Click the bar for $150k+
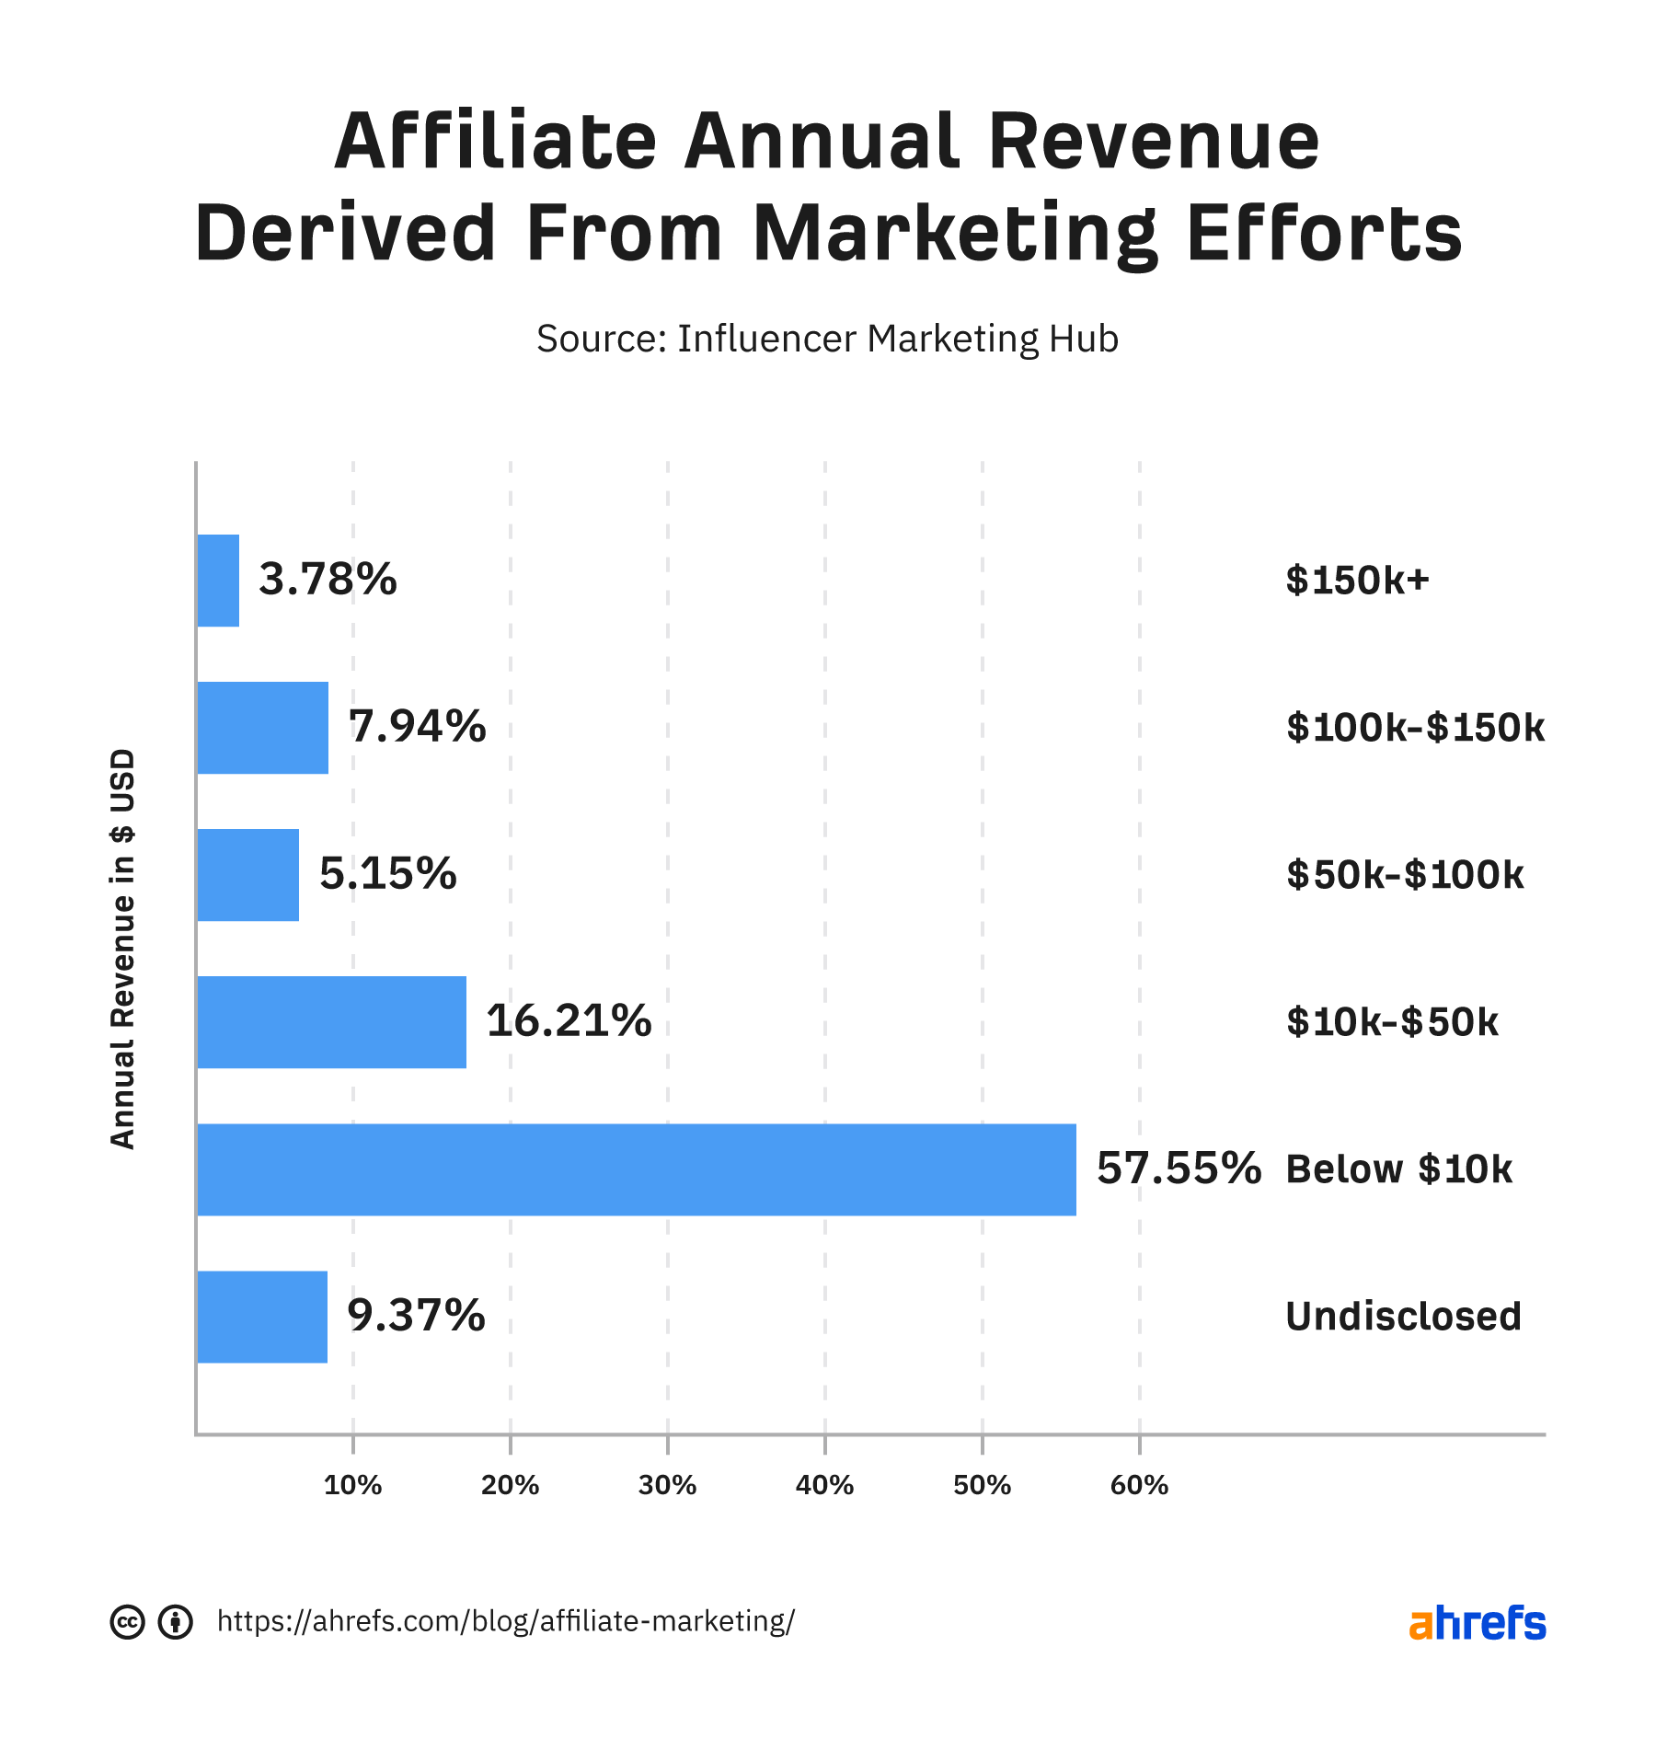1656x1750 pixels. (218, 581)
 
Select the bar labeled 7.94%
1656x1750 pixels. (262, 728)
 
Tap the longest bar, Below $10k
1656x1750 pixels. (636, 1169)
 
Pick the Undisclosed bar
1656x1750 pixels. (262, 1317)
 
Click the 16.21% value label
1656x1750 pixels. (569, 1021)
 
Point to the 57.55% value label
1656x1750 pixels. (1178, 1169)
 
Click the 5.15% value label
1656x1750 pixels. (387, 874)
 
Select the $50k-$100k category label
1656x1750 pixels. (1404, 875)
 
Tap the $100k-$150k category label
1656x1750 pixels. (1414, 728)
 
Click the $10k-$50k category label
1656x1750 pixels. (1392, 1022)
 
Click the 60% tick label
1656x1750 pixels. (1139, 1485)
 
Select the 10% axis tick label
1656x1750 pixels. (352, 1485)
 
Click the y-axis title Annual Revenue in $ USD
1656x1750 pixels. (122, 949)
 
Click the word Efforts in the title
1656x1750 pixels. (1324, 234)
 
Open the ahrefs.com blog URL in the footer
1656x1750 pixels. (505, 1620)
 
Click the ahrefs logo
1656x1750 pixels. (1477, 1622)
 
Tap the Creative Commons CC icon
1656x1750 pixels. (127, 1621)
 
